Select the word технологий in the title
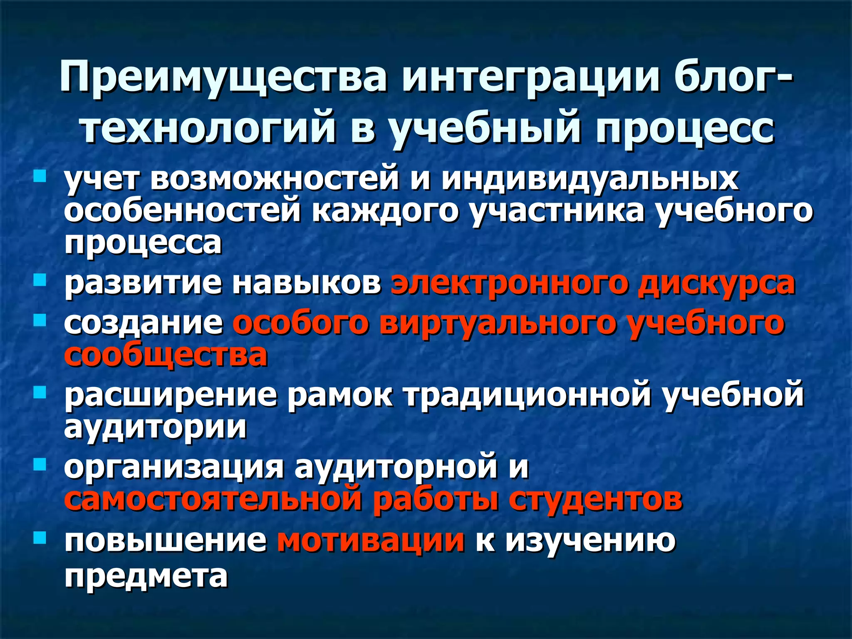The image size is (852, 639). click(208, 127)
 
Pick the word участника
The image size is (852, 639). click(557, 211)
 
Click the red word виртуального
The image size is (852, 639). click(497, 323)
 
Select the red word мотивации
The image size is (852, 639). click(371, 541)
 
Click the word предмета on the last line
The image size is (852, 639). click(146, 576)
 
